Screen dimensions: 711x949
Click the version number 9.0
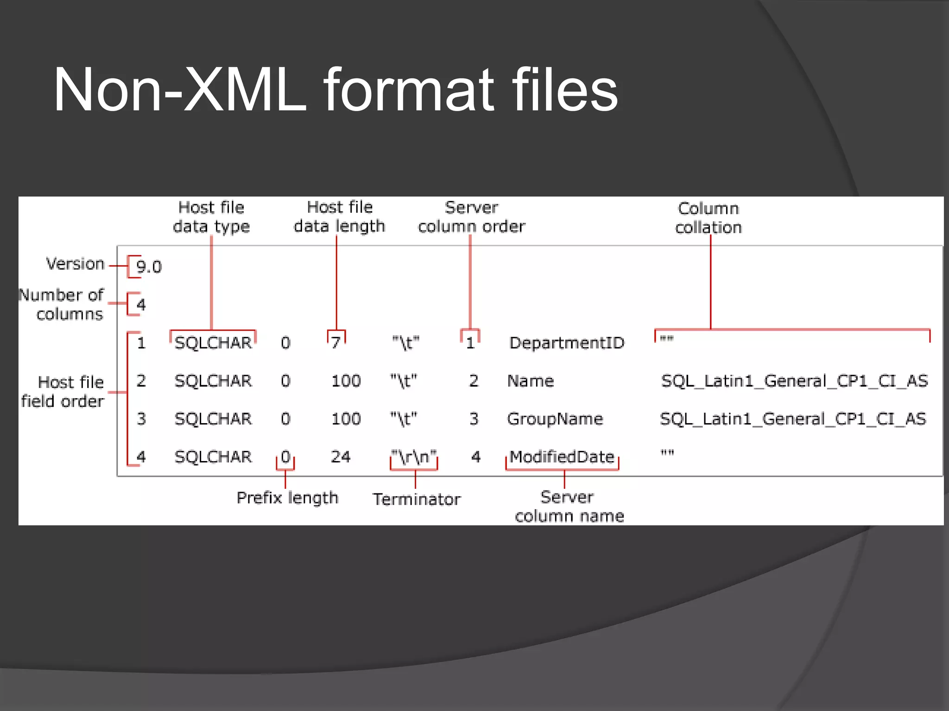[149, 267]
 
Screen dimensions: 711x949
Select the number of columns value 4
[141, 305]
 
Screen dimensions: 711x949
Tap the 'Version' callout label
[76, 264]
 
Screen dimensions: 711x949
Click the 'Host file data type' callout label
[211, 217]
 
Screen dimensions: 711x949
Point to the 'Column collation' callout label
[708, 218]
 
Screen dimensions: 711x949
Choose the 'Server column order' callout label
[471, 217]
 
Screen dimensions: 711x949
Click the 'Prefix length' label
[287, 498]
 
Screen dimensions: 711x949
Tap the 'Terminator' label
[417, 499]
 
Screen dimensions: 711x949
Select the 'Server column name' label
[569, 506]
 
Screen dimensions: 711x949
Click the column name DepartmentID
[567, 343]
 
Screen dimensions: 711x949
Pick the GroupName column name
[555, 419]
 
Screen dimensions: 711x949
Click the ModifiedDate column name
[562, 457]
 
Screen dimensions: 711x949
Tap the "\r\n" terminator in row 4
[414, 457]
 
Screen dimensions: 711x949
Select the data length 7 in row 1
[336, 343]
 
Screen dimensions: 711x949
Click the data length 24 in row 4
[341, 457]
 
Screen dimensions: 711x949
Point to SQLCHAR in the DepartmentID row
[213, 343]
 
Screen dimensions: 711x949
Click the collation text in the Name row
[794, 381]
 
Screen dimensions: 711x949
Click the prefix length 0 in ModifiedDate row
[285, 457]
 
